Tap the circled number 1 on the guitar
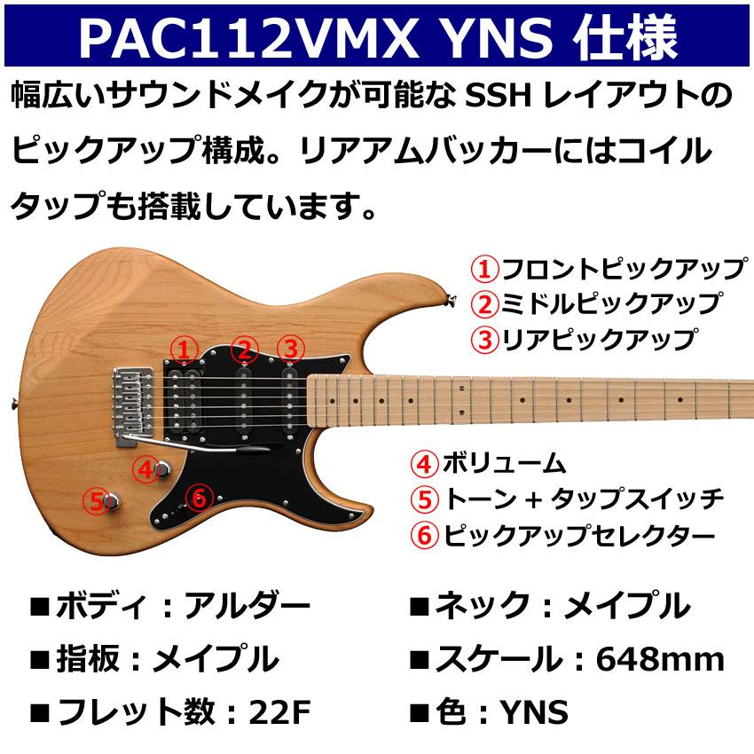[183, 349]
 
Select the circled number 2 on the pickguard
[246, 349]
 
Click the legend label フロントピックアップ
[622, 267]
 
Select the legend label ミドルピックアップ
[609, 302]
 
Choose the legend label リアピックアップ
[596, 338]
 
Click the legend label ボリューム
[503, 463]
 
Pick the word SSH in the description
[495, 94]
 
